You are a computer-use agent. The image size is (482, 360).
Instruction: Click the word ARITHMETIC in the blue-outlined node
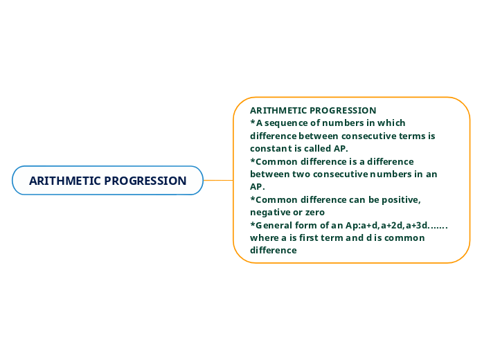(61, 181)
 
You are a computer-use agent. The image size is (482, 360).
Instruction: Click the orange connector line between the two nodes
(218, 180)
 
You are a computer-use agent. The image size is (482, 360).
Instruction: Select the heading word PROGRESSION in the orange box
(343, 110)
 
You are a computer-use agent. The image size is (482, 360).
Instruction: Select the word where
(264, 237)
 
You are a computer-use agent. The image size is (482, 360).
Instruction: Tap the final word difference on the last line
(273, 250)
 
